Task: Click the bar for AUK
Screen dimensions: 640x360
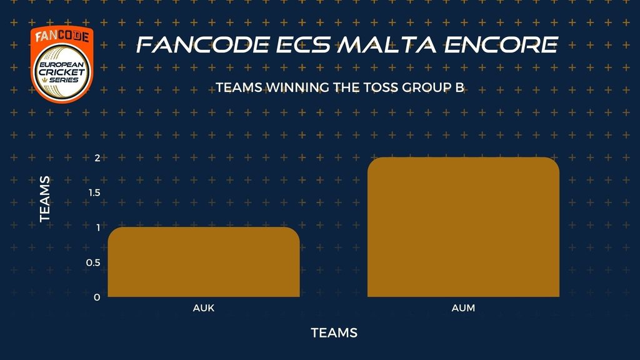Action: pyautogui.click(x=204, y=262)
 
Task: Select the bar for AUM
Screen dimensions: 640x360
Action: pyautogui.click(x=463, y=227)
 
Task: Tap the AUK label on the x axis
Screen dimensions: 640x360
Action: pyautogui.click(x=204, y=308)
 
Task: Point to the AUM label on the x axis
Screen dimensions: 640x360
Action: pyautogui.click(x=463, y=308)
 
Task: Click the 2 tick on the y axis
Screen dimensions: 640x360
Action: pyautogui.click(x=97, y=158)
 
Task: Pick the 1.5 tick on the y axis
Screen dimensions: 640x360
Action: pyautogui.click(x=94, y=192)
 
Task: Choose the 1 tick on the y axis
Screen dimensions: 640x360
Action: pyautogui.click(x=98, y=227)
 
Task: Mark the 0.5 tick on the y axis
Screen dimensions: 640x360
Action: pyautogui.click(x=93, y=262)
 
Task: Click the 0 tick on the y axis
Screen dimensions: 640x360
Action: pyautogui.click(x=97, y=297)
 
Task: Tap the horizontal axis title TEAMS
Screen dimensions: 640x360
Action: pyautogui.click(x=334, y=333)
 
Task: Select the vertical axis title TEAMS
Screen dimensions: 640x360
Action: pyautogui.click(x=45, y=199)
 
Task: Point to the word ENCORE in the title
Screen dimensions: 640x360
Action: pyautogui.click(x=501, y=45)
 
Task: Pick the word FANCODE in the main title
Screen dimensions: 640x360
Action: pyautogui.click(x=203, y=45)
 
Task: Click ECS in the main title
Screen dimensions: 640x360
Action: pyautogui.click(x=303, y=45)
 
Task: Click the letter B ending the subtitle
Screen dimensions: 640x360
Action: pyautogui.click(x=461, y=87)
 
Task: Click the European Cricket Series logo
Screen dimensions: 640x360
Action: pyautogui.click(x=62, y=64)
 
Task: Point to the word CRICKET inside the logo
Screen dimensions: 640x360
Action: pyautogui.click(x=62, y=72)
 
